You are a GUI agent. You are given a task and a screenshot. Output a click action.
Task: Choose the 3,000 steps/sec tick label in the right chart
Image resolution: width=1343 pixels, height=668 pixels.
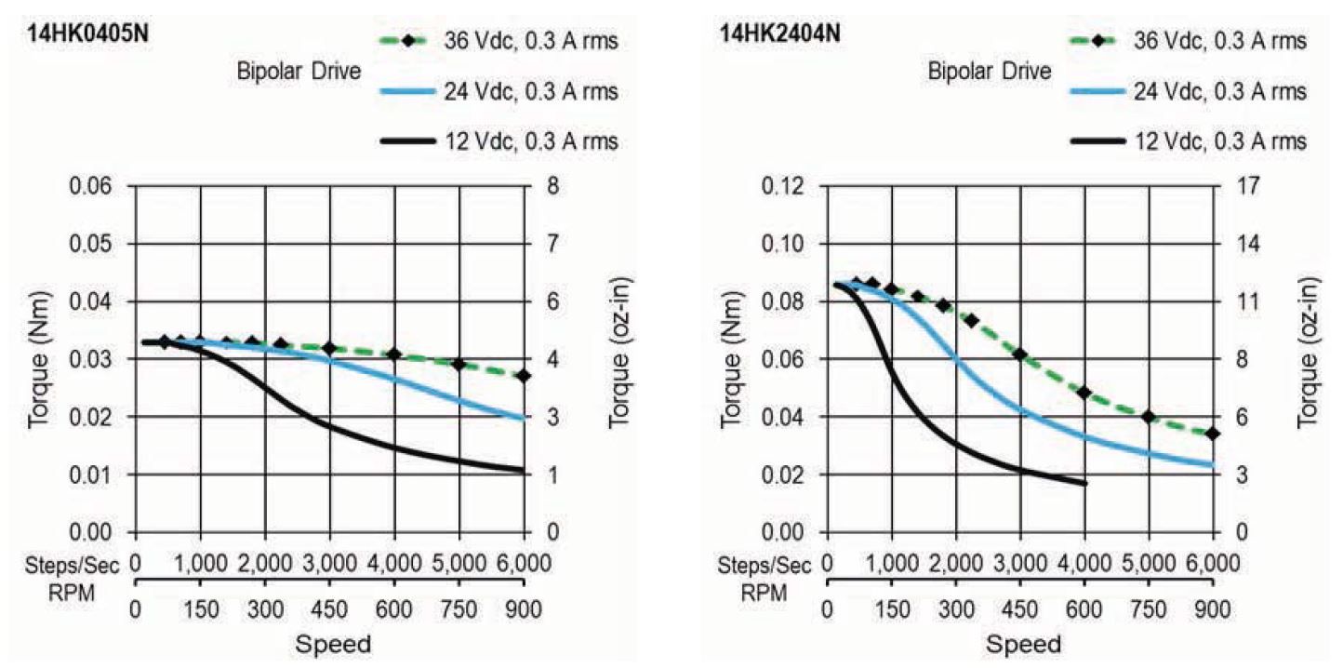point(1020,564)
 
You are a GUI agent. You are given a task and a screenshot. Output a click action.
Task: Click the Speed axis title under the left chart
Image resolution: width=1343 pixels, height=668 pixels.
point(332,644)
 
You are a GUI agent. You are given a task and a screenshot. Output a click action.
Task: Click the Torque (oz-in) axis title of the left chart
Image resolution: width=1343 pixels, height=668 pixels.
point(620,359)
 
